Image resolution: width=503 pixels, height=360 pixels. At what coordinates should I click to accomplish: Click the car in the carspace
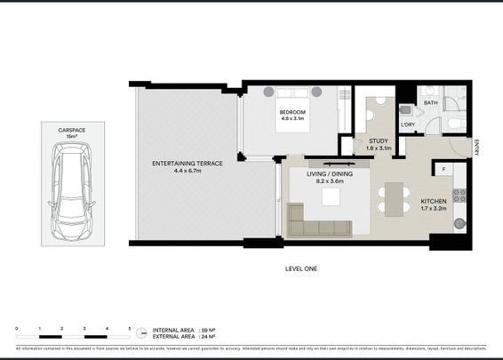tap(72, 195)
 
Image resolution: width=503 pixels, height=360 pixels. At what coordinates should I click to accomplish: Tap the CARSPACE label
tap(72, 130)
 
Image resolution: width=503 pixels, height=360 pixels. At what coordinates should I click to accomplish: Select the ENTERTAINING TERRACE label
tap(187, 164)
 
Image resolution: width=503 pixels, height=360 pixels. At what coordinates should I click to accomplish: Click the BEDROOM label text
tap(291, 114)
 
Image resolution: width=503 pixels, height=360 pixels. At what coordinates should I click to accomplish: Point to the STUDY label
tap(377, 142)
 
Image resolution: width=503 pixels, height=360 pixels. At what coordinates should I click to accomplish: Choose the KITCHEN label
tap(435, 203)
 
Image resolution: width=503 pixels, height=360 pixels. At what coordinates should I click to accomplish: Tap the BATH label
tap(430, 104)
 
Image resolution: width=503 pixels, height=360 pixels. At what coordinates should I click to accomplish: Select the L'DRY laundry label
tap(409, 124)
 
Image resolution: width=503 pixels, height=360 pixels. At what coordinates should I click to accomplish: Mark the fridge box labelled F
tap(443, 167)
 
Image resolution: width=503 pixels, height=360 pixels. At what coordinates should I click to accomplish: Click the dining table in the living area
tap(391, 198)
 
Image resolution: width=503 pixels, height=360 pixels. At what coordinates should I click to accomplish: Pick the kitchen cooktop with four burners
tap(459, 194)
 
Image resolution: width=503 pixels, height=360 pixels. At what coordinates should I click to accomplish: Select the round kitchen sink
tap(459, 223)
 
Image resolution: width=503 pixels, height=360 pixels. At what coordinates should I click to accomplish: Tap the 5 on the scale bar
tap(130, 328)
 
